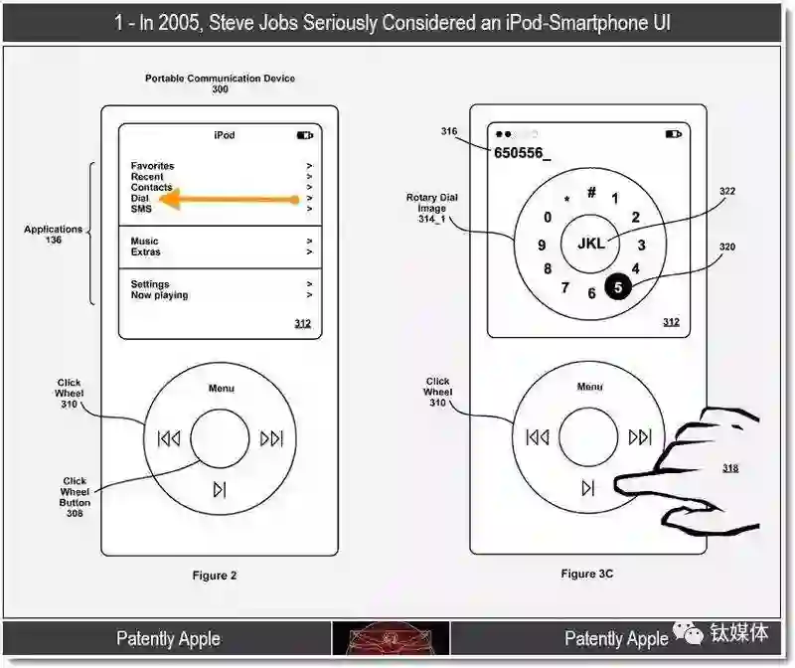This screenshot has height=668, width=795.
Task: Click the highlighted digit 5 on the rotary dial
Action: coord(618,287)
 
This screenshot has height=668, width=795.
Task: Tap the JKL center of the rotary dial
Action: coord(591,244)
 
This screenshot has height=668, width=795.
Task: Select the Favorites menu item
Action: coord(152,166)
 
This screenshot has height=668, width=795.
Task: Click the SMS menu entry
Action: coord(141,209)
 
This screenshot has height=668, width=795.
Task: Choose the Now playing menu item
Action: coord(159,295)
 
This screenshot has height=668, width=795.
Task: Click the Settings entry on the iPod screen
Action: coord(150,284)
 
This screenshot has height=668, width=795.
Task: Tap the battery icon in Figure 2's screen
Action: coord(305,135)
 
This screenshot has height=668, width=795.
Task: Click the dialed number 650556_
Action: coord(522,153)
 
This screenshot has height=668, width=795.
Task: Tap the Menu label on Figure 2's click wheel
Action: coord(222,388)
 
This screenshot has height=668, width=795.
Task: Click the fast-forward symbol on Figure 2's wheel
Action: coord(271,438)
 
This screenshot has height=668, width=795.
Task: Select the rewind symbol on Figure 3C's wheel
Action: coord(538,436)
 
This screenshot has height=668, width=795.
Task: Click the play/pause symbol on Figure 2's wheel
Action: coord(220,489)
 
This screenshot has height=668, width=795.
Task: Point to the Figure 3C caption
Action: coord(586,574)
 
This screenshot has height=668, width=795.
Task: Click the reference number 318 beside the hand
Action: coord(730,467)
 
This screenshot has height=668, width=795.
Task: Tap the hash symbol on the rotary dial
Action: coord(591,192)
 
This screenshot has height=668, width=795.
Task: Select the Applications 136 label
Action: coord(54,235)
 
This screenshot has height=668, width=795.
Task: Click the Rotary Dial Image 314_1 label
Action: coord(432,208)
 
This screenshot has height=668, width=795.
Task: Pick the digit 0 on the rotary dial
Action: coord(548,217)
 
